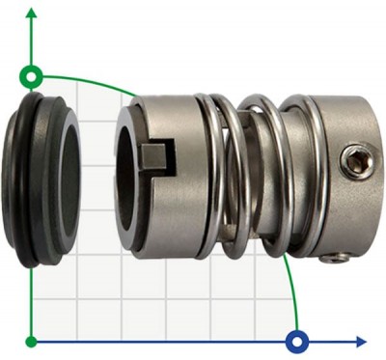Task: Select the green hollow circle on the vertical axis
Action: (32, 75)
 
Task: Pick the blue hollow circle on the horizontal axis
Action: (297, 341)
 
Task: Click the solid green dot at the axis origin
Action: (32, 341)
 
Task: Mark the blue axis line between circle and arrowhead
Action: (333, 341)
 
